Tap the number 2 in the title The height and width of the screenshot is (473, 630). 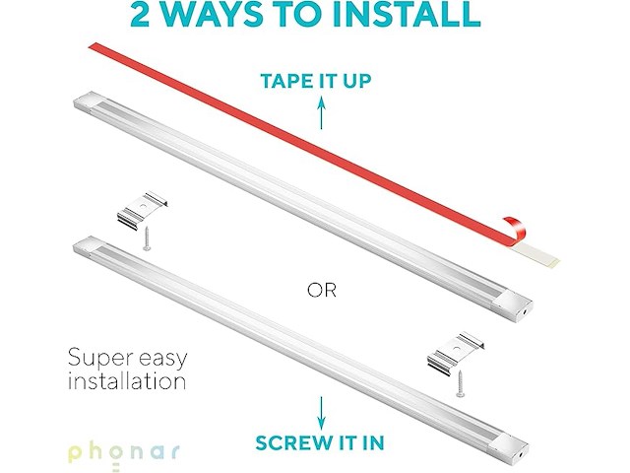(145, 13)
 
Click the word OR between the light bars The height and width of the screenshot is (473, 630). (322, 291)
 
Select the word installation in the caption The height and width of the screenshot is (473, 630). (127, 380)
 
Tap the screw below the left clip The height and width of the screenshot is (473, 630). (145, 237)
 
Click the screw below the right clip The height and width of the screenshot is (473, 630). (459, 384)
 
